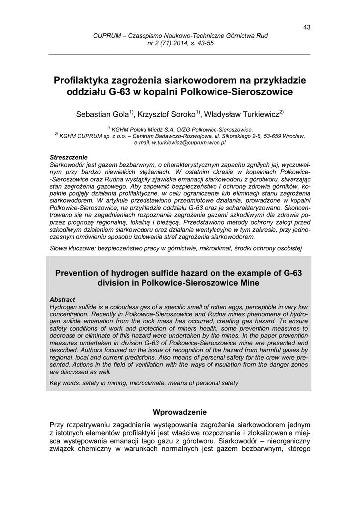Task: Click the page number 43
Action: click(306, 27)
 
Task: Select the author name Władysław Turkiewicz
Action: click(240, 115)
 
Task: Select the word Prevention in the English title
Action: click(82, 273)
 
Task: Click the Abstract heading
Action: click(63, 300)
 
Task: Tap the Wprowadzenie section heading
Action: click(180, 412)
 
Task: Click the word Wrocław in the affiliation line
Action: click(293, 135)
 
